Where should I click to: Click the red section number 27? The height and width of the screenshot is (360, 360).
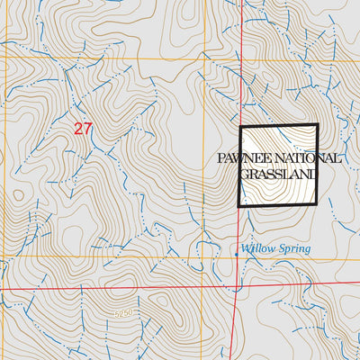click(x=83, y=129)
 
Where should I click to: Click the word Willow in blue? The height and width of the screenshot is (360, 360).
click(x=256, y=248)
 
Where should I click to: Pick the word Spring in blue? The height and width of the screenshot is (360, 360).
click(x=293, y=249)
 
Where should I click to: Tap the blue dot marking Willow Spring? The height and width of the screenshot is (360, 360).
click(x=237, y=255)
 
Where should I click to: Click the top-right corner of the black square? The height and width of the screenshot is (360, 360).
click(x=318, y=125)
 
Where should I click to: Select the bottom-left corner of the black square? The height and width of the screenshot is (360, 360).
click(x=239, y=206)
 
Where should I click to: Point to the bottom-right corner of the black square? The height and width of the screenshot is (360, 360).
click(x=318, y=206)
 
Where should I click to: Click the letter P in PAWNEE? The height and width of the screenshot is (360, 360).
click(x=222, y=158)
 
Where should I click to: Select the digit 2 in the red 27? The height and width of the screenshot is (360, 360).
click(x=78, y=129)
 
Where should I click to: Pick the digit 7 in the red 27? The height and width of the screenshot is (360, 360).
click(x=88, y=129)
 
